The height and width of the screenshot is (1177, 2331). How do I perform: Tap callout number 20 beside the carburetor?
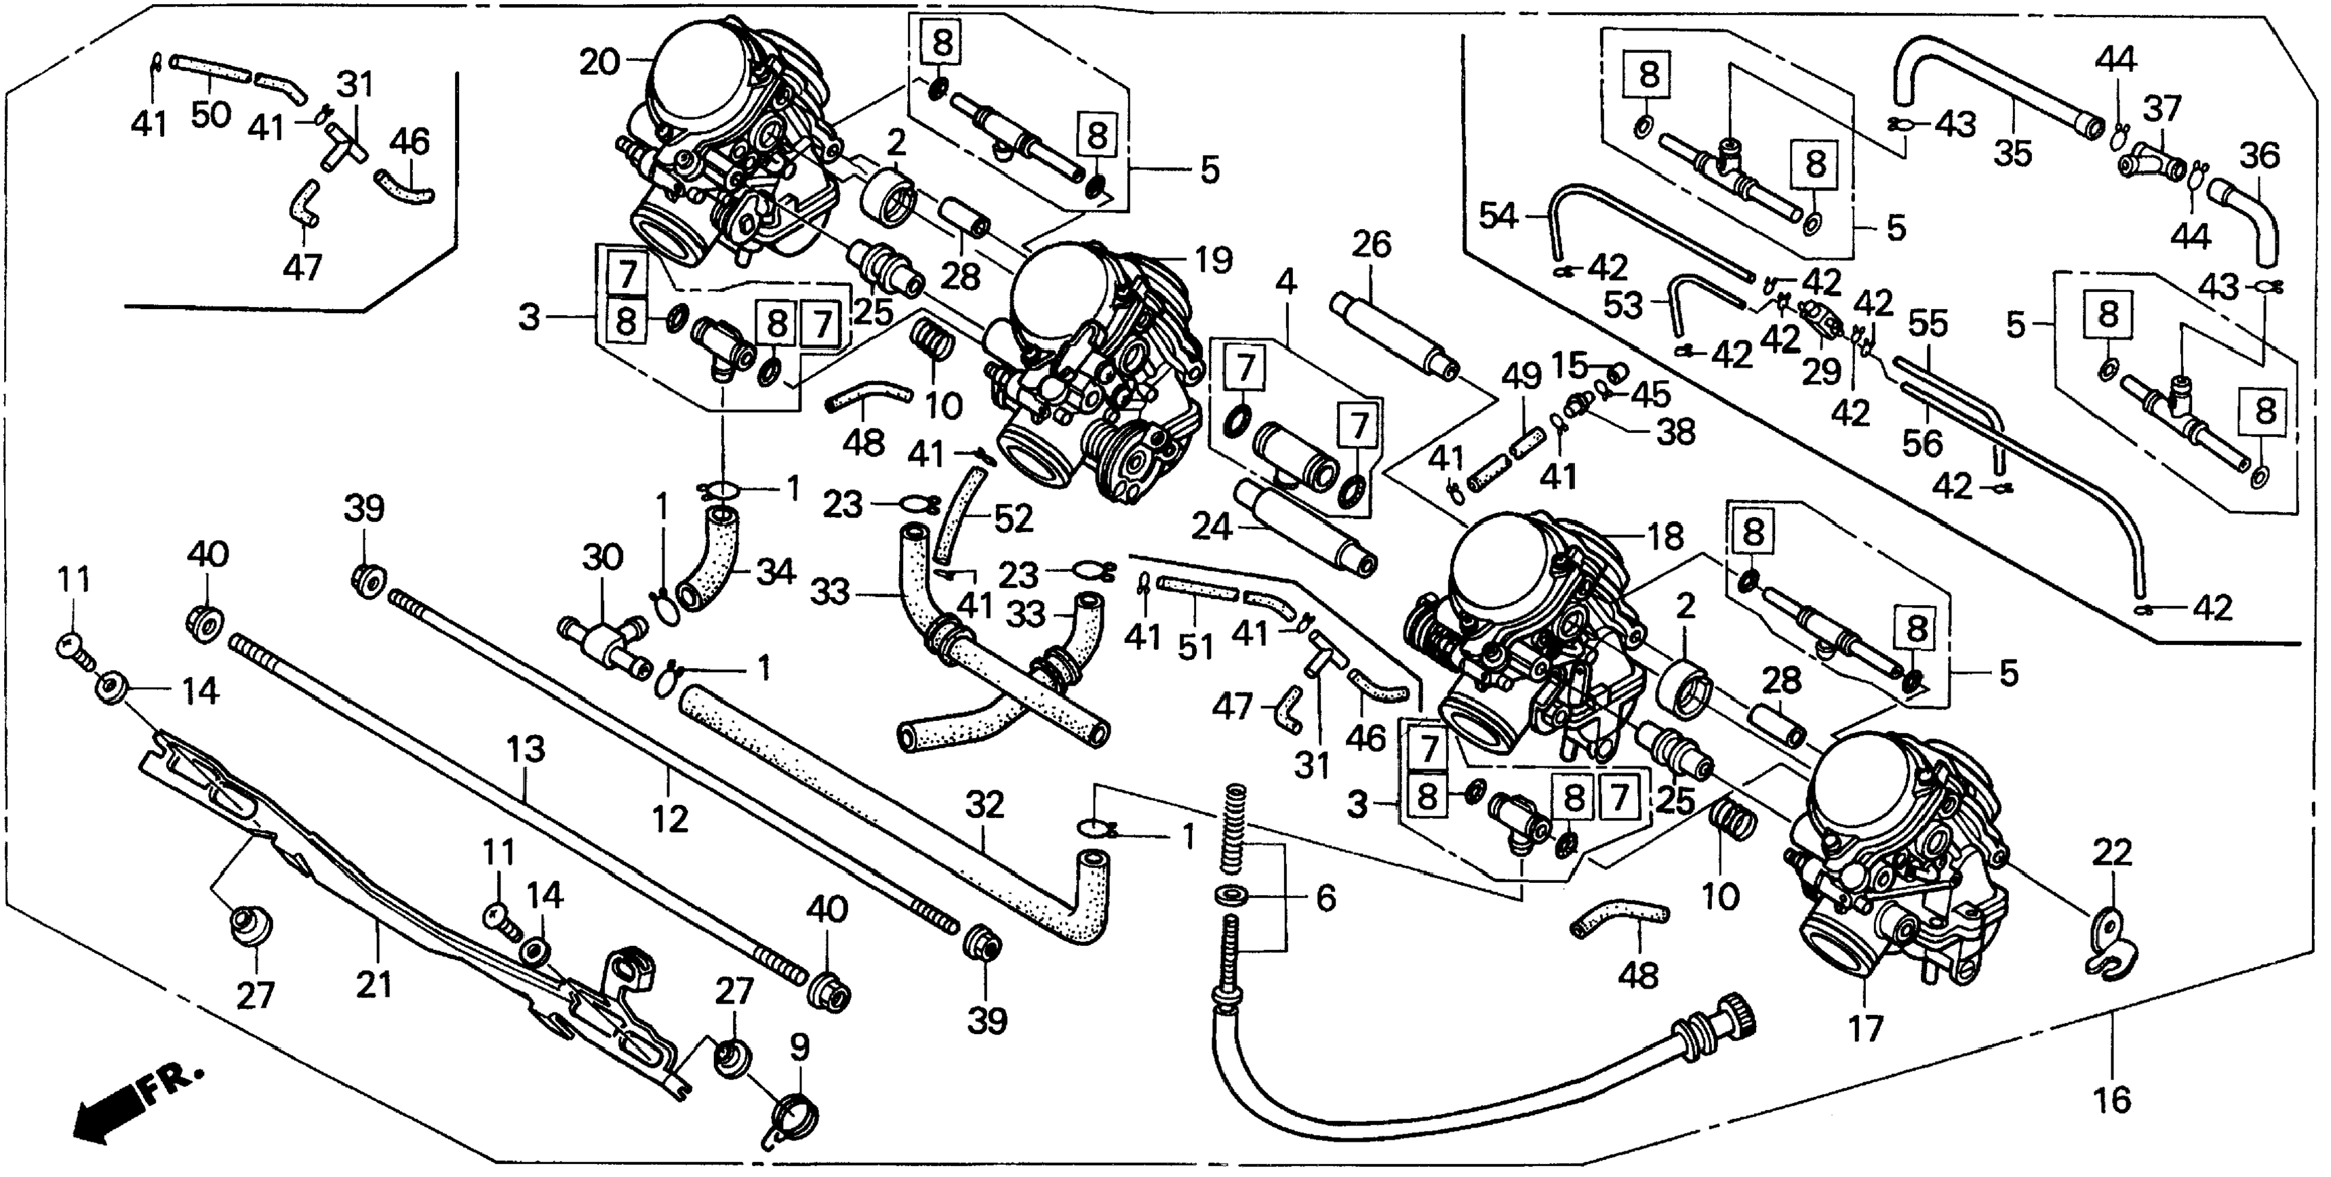coord(599,63)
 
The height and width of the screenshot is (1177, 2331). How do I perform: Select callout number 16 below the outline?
coord(2113,1100)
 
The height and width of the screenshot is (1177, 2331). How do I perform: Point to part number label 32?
coord(984,804)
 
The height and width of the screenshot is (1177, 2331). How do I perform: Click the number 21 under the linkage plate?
coord(374,983)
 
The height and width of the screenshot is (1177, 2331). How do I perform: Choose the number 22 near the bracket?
coord(2112,852)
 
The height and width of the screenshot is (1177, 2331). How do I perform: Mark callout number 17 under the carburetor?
coord(1865,1028)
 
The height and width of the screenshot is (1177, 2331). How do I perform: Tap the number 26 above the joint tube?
coord(1371,244)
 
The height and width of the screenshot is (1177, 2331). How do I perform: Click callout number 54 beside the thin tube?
coord(1498,215)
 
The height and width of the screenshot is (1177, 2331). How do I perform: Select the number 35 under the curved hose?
coord(2014,154)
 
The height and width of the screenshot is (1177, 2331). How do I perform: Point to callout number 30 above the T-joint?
coord(603,556)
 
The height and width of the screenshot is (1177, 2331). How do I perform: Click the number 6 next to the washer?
coord(1325,899)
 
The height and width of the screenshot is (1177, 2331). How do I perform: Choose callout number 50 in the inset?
coord(210,115)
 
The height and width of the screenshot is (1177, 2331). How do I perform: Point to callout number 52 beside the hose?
coord(1012,518)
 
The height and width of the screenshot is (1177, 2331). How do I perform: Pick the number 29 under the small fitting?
coord(1820,371)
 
